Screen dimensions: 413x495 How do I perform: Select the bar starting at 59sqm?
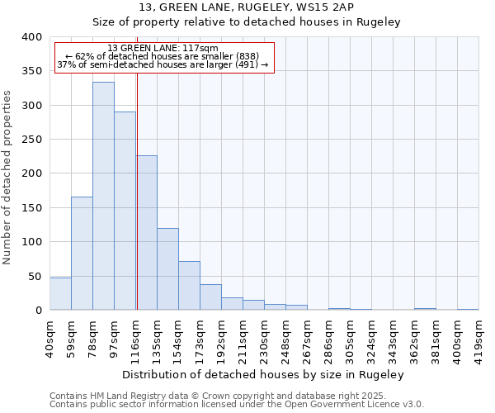click(82, 253)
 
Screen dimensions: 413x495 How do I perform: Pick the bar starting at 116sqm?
click(147, 232)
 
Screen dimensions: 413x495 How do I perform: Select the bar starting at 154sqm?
click(189, 285)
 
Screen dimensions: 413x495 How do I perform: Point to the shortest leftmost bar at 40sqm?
click(60, 293)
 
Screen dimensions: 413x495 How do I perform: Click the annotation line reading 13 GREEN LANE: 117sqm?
click(163, 49)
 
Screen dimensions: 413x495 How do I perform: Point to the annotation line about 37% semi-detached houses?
click(163, 64)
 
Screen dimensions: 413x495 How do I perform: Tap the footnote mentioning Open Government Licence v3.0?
click(236, 405)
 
